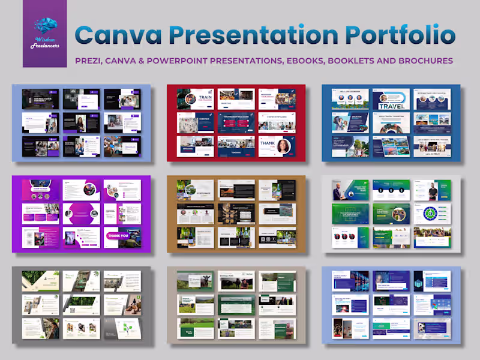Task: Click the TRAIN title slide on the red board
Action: tap(195, 99)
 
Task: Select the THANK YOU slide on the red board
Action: tap(277, 146)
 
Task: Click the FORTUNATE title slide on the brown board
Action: tap(195, 191)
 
